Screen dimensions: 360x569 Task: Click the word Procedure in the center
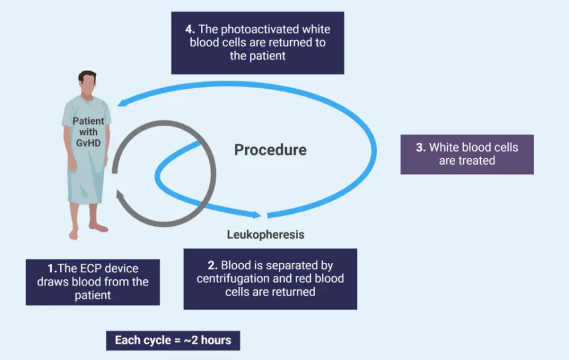tap(270, 150)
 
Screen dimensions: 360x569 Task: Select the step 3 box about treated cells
tap(467, 154)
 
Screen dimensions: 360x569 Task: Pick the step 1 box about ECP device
tap(93, 282)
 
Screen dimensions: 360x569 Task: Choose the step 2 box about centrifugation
tap(270, 279)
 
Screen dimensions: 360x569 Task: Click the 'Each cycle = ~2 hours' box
tap(173, 340)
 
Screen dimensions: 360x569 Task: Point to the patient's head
tap(86, 83)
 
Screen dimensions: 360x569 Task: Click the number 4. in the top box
tap(189, 30)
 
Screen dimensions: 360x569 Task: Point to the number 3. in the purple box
tap(420, 147)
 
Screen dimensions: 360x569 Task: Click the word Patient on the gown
tap(88, 121)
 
